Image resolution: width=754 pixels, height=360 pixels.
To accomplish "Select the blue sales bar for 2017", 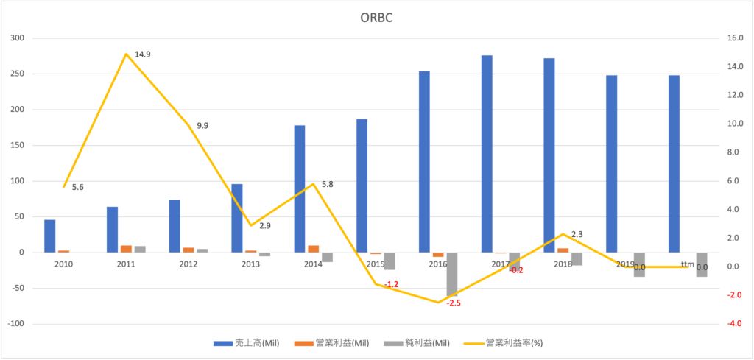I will coord(487,154).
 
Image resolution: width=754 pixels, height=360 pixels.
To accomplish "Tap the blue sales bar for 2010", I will coord(49,236).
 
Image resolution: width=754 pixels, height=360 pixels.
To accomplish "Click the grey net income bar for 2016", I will coord(451,275).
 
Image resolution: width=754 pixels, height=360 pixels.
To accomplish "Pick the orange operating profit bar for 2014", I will coord(314,249).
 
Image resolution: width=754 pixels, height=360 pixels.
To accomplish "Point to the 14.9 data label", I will coord(142,54).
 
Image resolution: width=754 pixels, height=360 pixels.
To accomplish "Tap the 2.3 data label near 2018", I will coord(577,234).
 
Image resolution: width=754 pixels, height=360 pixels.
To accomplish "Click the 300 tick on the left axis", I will coord(16,38).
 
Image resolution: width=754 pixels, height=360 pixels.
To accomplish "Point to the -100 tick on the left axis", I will coord(15,324).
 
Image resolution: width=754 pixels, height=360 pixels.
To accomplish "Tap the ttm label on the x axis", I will coord(687,264).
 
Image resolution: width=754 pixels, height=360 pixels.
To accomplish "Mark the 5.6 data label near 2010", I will coord(77,187).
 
